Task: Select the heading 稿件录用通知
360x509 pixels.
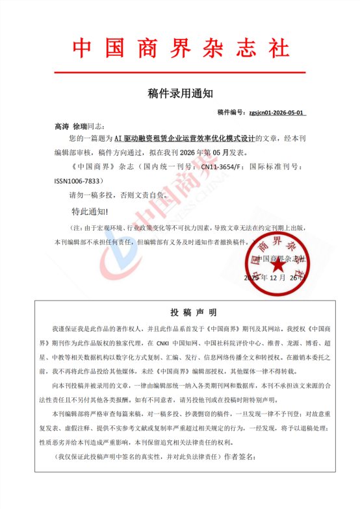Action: click(x=180, y=93)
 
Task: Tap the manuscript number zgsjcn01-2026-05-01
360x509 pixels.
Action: click(x=277, y=112)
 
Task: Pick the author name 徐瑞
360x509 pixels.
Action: click(x=84, y=126)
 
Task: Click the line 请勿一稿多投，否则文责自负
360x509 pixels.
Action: click(x=117, y=195)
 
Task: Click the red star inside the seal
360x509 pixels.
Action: click(x=277, y=265)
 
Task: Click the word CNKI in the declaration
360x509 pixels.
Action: click(x=162, y=342)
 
